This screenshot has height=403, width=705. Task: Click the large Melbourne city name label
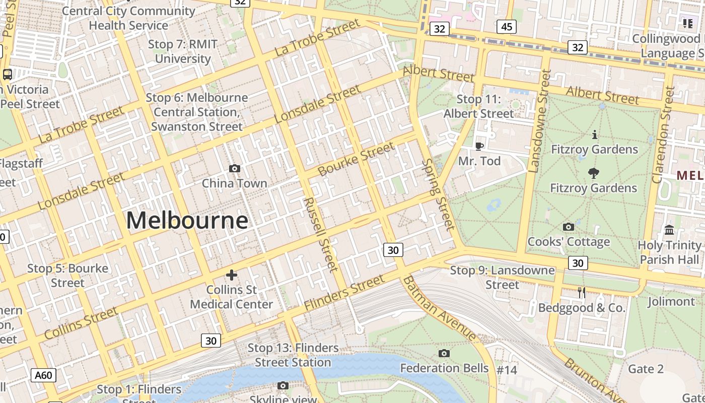click(x=187, y=221)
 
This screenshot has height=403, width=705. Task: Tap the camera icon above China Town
click(x=234, y=168)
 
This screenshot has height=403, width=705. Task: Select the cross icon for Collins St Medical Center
click(x=232, y=275)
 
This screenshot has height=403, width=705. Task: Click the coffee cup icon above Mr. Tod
click(x=479, y=146)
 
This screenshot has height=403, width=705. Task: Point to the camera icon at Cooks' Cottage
click(x=569, y=227)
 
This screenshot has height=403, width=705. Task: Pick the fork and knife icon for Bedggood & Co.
click(x=582, y=293)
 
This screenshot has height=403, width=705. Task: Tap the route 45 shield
click(x=506, y=27)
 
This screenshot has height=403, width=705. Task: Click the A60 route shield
click(x=43, y=375)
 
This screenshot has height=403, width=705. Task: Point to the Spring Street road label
click(x=437, y=194)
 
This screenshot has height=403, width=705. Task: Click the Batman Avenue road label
click(x=439, y=307)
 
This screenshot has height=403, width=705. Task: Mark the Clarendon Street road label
click(x=663, y=135)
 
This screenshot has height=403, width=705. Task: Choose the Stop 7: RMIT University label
click(x=183, y=51)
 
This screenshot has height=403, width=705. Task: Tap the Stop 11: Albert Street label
click(x=478, y=106)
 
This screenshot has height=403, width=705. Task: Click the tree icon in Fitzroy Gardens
click(x=594, y=173)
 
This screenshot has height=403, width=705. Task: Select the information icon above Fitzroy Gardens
click(x=595, y=135)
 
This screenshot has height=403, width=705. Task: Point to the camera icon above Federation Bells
click(x=444, y=353)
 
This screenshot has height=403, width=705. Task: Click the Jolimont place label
click(x=671, y=301)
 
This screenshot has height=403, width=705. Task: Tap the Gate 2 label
click(x=646, y=369)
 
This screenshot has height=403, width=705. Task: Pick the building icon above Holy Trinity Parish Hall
click(x=669, y=230)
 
